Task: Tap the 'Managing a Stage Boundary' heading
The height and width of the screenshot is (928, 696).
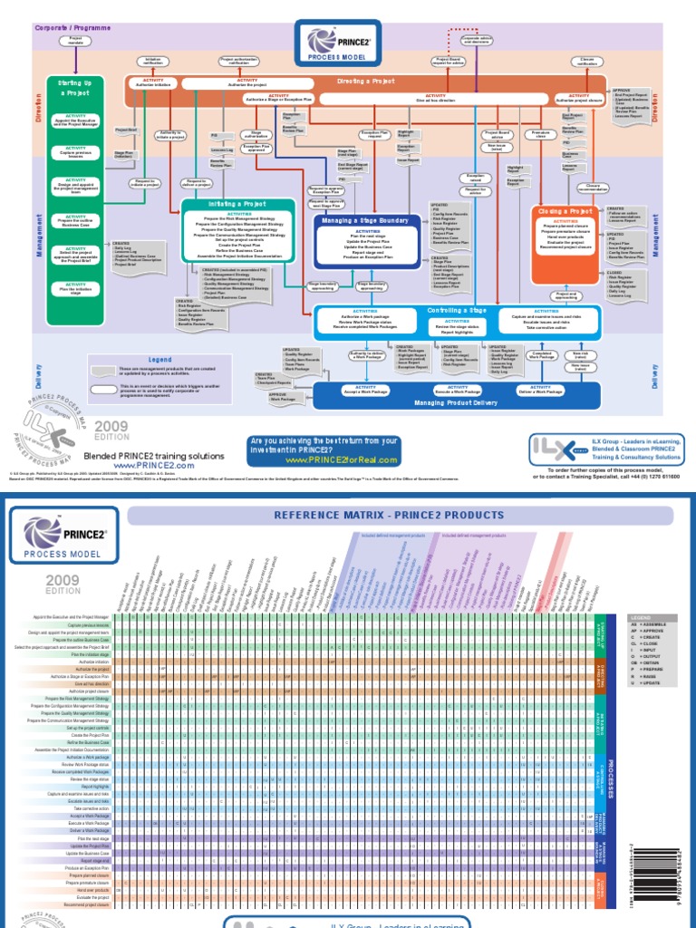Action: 367,220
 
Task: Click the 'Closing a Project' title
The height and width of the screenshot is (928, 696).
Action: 564,211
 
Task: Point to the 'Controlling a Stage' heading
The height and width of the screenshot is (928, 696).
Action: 457,310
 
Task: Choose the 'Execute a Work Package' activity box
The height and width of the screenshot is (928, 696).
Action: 457,391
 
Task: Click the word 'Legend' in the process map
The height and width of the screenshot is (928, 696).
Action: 159,360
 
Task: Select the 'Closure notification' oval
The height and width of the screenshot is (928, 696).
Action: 587,61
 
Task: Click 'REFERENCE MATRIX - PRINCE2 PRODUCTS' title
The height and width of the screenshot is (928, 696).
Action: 401,516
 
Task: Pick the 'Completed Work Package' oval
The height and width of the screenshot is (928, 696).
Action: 542,355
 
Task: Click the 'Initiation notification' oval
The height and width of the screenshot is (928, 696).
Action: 152,61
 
